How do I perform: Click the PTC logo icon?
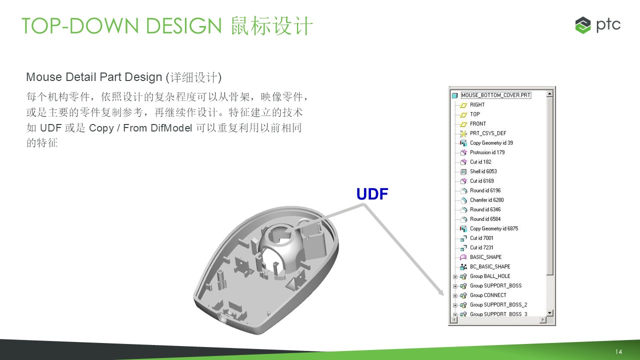point(583,25)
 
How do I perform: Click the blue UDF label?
point(372,194)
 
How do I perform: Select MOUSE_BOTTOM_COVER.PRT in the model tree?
point(495,95)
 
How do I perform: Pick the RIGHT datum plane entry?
point(477,105)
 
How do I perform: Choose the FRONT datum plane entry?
point(477,123)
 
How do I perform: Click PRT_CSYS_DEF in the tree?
point(488,133)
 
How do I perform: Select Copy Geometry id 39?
point(491,143)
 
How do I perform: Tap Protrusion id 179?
point(487,152)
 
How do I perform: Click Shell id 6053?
point(483,171)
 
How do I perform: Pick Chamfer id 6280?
point(487,200)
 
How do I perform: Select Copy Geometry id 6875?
point(494,228)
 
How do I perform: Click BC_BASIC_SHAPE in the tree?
point(490,266)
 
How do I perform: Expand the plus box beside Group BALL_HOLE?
point(455,276)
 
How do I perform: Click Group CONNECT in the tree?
point(488,295)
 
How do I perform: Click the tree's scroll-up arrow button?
point(549,93)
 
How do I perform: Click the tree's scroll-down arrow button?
point(549,313)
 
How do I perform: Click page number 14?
point(618,351)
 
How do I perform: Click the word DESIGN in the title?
point(183,25)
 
